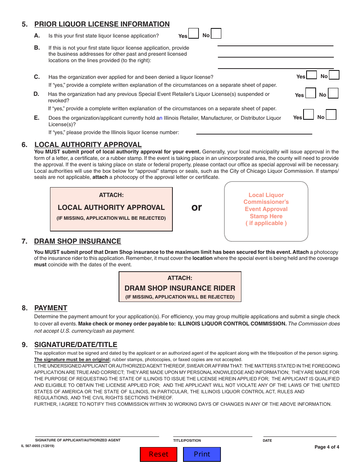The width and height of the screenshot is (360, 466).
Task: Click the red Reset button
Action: [x=158, y=454]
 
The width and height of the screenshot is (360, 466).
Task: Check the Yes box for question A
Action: [x=193, y=34]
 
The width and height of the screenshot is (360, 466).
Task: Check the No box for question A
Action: [x=216, y=34]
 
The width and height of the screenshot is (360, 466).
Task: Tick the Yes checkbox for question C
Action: [x=311, y=75]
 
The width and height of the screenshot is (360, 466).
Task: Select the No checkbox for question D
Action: [x=333, y=93]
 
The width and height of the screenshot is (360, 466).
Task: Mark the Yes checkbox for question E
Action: [x=308, y=115]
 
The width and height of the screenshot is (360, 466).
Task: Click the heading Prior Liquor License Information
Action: [x=102, y=24]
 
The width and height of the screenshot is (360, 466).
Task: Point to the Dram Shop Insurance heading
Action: [x=77, y=241]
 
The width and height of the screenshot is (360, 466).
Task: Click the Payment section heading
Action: [x=51, y=308]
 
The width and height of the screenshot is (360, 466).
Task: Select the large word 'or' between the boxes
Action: [x=197, y=207]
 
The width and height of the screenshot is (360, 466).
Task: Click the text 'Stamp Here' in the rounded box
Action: [x=266, y=216]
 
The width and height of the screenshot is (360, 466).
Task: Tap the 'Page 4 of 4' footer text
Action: [x=327, y=447]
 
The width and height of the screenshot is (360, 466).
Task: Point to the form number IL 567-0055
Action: [x=38, y=446]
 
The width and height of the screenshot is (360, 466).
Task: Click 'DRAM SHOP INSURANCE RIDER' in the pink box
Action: [x=180, y=288]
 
